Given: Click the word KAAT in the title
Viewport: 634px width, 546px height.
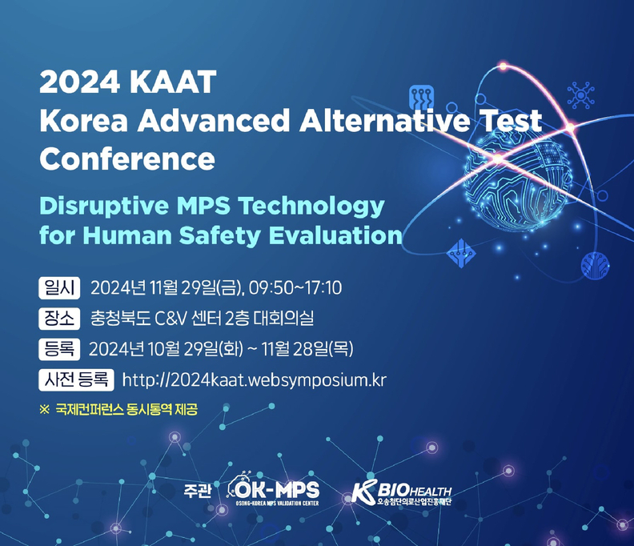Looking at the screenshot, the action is (173, 82).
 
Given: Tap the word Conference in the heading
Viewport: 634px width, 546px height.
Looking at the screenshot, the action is (127, 159).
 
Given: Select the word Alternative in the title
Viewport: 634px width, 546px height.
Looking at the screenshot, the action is (384, 121).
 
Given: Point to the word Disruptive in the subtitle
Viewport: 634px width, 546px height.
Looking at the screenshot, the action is (104, 207).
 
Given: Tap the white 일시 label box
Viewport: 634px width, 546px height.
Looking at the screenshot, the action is (59, 288).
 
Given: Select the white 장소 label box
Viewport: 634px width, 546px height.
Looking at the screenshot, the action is (59, 319).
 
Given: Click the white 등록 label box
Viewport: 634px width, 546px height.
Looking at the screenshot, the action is (59, 349).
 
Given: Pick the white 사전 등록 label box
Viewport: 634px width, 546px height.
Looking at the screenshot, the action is (76, 379).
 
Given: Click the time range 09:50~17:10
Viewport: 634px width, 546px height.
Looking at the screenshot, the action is (295, 288).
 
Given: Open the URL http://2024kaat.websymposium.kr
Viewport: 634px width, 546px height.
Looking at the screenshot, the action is (254, 380).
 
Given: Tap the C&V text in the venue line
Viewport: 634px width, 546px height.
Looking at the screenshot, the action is (171, 319).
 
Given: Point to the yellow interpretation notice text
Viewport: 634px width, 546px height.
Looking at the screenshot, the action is (118, 410).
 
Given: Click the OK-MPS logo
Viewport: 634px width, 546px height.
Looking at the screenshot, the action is (273, 488).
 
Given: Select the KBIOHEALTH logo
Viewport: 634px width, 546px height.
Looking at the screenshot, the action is (401, 492).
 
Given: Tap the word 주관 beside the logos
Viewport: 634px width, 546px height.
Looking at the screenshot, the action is (197, 491).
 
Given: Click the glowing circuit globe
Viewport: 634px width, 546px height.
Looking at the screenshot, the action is (519, 181).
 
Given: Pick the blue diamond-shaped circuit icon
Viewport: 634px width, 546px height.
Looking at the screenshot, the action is (461, 253).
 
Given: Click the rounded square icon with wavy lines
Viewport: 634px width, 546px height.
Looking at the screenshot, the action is (421, 98).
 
